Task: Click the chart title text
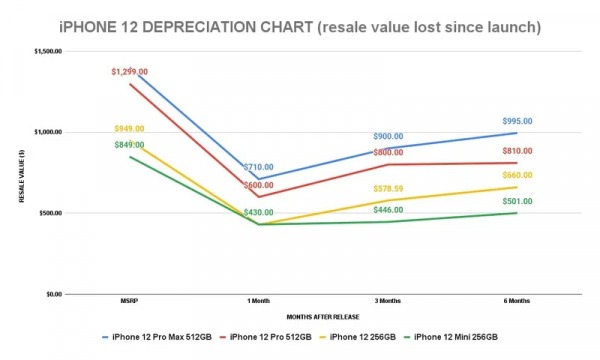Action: point(299,25)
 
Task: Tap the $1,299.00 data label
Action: point(130,72)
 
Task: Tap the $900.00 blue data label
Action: point(388,137)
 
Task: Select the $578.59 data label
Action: point(388,188)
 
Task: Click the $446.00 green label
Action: point(388,211)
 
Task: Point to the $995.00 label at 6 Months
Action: point(517,121)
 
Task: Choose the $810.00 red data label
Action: point(517,151)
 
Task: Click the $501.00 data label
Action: point(517,200)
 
